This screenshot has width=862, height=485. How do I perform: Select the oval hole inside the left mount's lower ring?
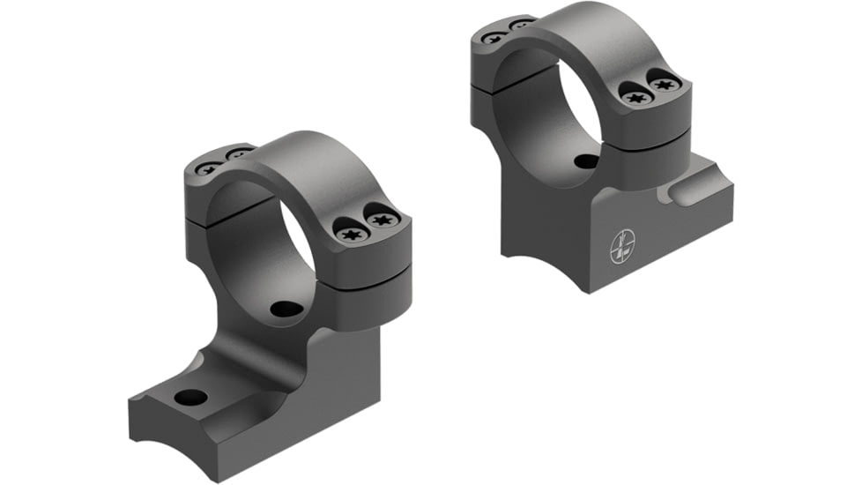click(284, 310)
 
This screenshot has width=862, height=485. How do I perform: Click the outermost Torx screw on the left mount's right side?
click(381, 219)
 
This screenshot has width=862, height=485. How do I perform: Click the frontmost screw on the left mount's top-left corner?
click(209, 168)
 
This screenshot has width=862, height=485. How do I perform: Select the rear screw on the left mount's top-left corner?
click(237, 155)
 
